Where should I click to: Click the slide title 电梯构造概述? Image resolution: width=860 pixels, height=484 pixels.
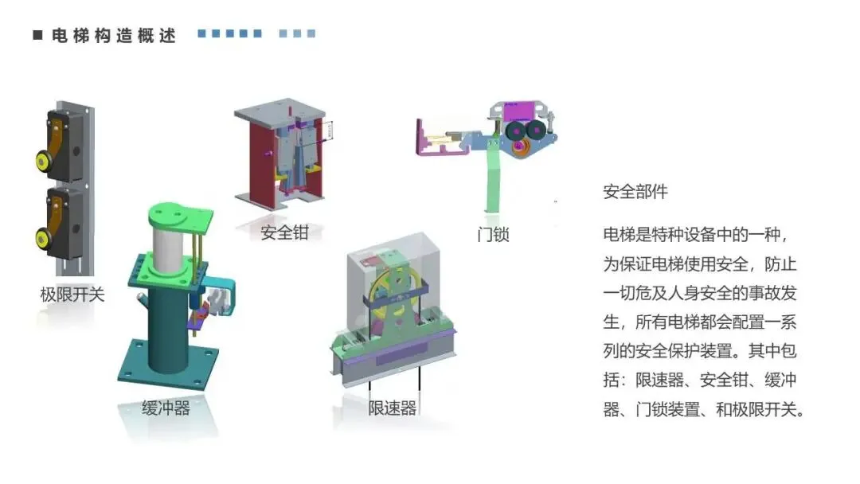click(113, 36)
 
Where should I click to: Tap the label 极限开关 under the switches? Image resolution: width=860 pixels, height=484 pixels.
click(72, 295)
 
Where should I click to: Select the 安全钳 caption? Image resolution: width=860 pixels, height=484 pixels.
click(284, 233)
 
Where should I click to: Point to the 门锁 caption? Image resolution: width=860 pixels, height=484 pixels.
click(493, 234)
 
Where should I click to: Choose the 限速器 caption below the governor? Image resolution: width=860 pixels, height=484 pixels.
click(392, 408)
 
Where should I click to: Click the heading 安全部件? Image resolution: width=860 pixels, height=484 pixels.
click(635, 192)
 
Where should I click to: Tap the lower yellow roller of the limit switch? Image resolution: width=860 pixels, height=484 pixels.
click(41, 236)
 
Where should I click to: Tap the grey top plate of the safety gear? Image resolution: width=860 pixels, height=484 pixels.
click(279, 112)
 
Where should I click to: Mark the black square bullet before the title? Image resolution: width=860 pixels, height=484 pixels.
click(37, 36)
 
